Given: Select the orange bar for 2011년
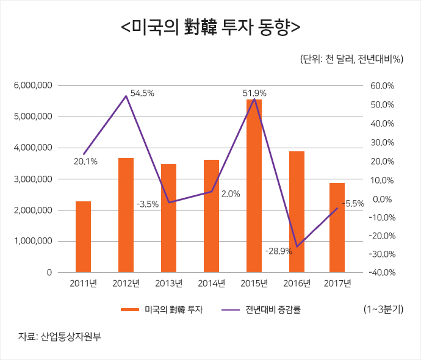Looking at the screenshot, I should click(83, 236).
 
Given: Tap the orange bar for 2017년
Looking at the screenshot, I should click(337, 227).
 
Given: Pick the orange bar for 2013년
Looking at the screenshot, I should click(168, 218).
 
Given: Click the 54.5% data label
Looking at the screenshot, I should click(142, 93).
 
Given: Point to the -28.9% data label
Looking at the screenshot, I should click(279, 251).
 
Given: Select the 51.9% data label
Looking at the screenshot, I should click(254, 93).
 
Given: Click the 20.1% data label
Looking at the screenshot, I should click(85, 162).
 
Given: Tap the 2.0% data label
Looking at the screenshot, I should click(230, 194).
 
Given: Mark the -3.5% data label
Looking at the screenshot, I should click(147, 204).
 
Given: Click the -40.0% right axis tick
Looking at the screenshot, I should click(381, 273).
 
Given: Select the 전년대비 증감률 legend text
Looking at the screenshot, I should click(273, 310).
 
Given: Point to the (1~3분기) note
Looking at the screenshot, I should click(383, 309).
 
